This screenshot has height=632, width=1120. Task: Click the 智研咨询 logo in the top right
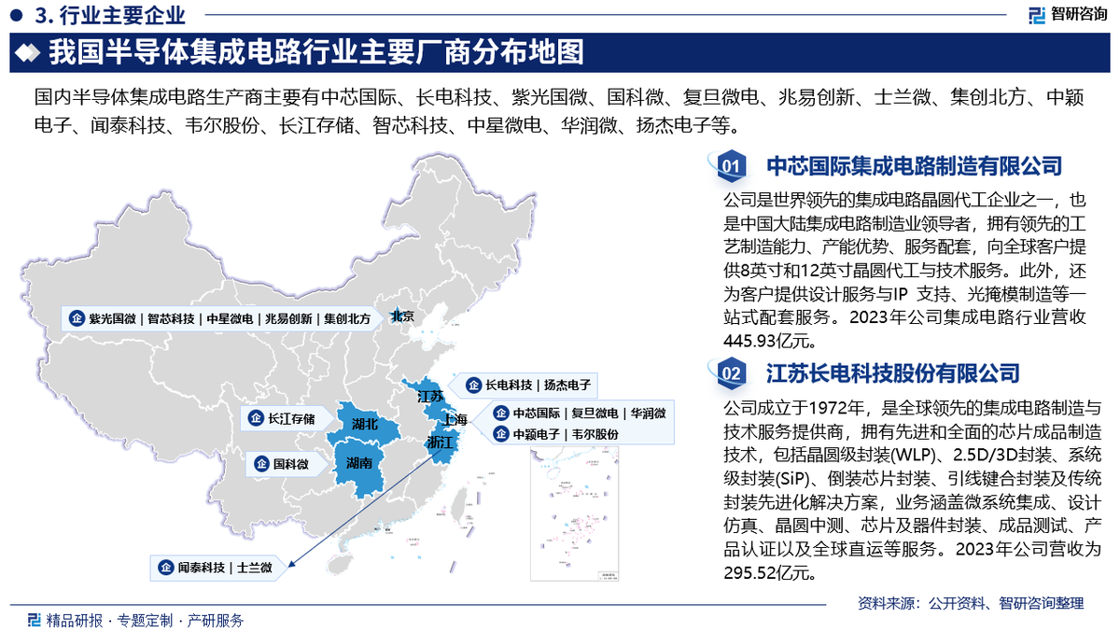click(x=1068, y=15)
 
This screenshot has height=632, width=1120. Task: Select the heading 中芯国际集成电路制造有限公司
click(x=914, y=167)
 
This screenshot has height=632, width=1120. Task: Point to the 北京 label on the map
click(x=402, y=317)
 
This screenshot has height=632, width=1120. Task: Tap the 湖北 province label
click(x=365, y=425)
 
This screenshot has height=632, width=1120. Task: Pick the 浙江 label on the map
click(x=439, y=442)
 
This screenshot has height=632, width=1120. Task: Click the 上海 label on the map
click(x=457, y=419)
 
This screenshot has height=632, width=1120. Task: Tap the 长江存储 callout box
click(x=284, y=418)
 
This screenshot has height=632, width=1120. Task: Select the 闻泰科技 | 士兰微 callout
click(x=217, y=567)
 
